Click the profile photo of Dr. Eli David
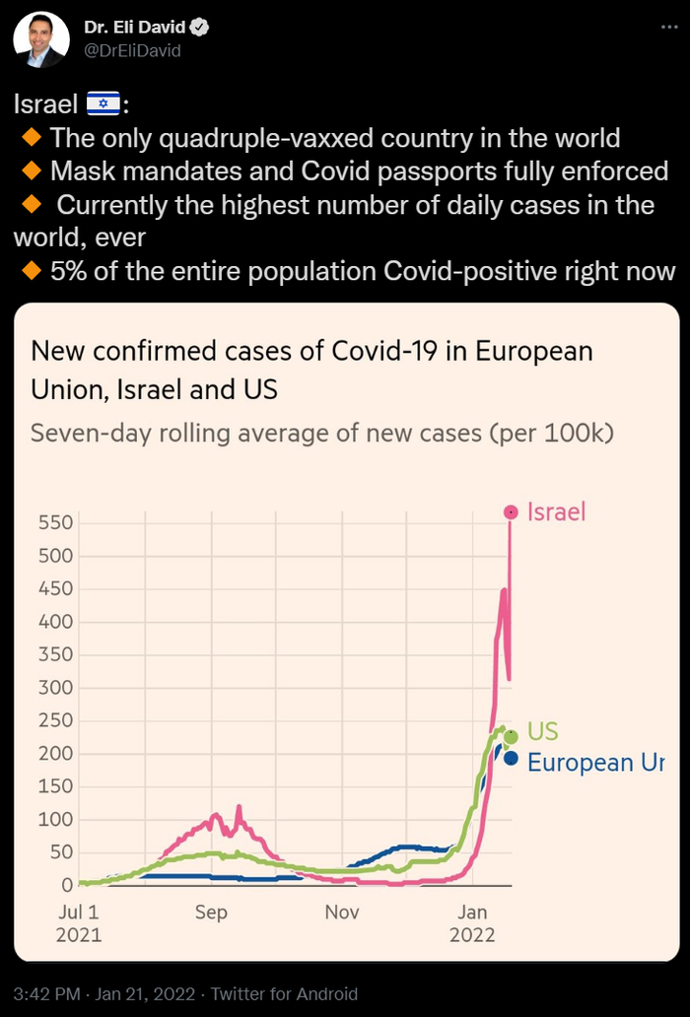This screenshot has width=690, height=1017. (x=41, y=40)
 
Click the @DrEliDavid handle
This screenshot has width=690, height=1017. (x=132, y=51)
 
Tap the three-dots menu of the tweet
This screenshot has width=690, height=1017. (x=668, y=29)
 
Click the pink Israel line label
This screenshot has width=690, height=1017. (x=557, y=511)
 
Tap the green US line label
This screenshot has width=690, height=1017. (x=542, y=731)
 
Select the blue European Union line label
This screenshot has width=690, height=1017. (x=595, y=763)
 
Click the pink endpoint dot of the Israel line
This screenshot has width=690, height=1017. (x=511, y=511)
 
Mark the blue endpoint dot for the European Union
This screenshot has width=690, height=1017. (x=511, y=758)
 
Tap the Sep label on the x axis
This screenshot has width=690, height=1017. (x=211, y=913)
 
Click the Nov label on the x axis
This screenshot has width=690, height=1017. (x=342, y=913)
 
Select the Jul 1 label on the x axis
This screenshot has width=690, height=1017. (x=78, y=913)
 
